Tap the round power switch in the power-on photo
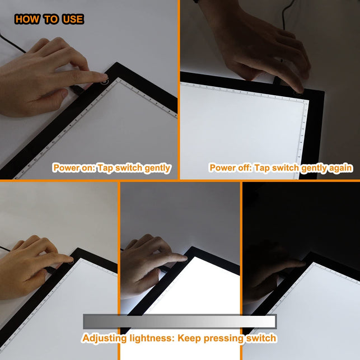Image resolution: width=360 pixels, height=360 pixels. coord(104,80)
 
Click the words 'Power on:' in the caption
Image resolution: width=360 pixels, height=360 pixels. coord(72,168)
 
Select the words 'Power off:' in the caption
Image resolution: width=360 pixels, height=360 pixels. coord(230,168)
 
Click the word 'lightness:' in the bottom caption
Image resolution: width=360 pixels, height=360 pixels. coord(150,339)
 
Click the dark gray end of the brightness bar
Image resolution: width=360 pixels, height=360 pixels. coord(90,321)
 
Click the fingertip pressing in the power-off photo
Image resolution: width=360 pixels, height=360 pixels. coord(300,88)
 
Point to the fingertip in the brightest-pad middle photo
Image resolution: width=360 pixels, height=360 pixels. coord(183,257)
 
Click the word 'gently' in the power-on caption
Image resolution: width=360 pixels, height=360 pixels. coord(157,168)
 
